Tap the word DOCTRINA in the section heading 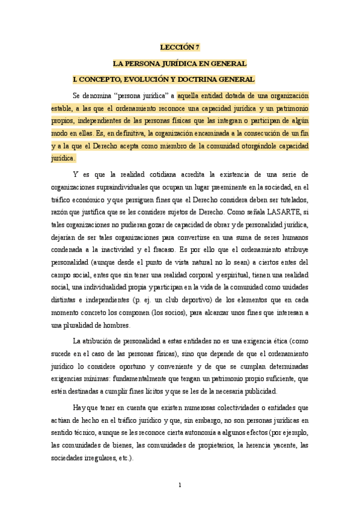click(198, 79)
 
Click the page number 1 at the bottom click(180, 485)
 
